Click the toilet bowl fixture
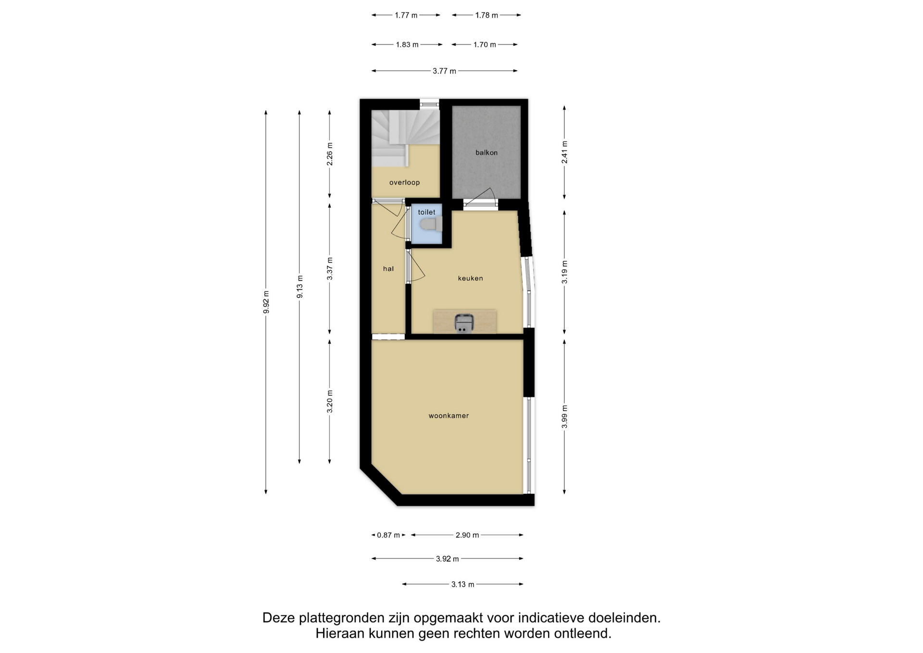click(431, 224)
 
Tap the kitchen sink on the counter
click(464, 323)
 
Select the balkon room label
click(486, 153)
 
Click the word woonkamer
click(449, 416)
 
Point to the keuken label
click(471, 278)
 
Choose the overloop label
click(405, 183)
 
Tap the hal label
click(388, 269)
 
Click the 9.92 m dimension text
click(266, 302)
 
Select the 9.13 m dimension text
click(300, 287)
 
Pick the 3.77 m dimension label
click(445, 71)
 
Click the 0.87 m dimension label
click(388, 535)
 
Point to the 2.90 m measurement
click(467, 535)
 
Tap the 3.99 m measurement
click(565, 416)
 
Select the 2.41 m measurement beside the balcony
click(565, 152)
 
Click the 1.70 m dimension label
click(485, 45)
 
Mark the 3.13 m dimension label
click(463, 585)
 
